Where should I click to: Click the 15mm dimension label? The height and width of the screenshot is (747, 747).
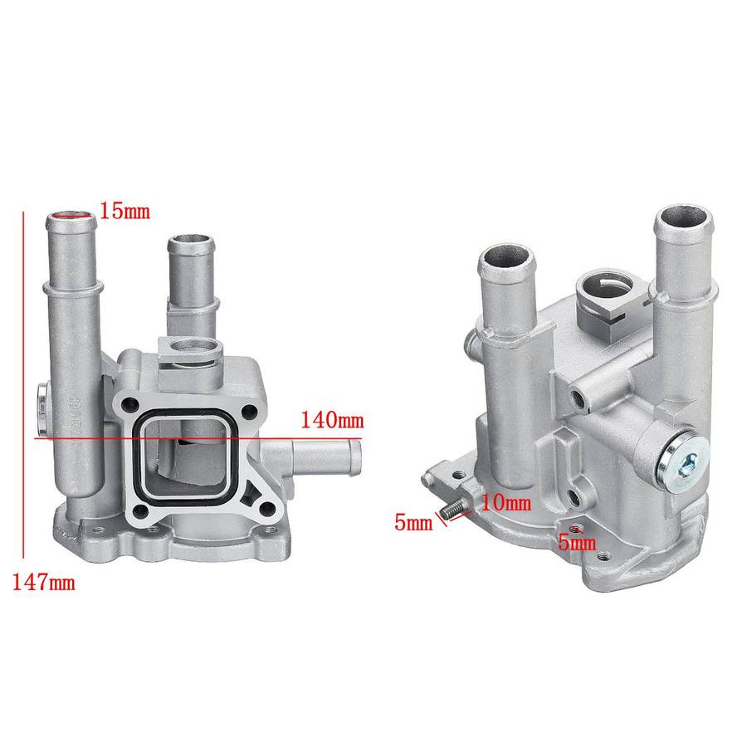[x=124, y=211]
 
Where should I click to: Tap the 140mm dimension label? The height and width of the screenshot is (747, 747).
[x=333, y=420]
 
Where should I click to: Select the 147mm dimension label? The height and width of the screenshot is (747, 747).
[x=43, y=582]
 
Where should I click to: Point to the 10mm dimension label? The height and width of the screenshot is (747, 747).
[x=506, y=503]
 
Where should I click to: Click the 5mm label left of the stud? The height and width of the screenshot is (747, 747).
[x=413, y=523]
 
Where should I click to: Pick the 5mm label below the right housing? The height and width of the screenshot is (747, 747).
[x=577, y=542]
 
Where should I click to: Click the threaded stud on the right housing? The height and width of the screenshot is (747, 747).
[x=452, y=510]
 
